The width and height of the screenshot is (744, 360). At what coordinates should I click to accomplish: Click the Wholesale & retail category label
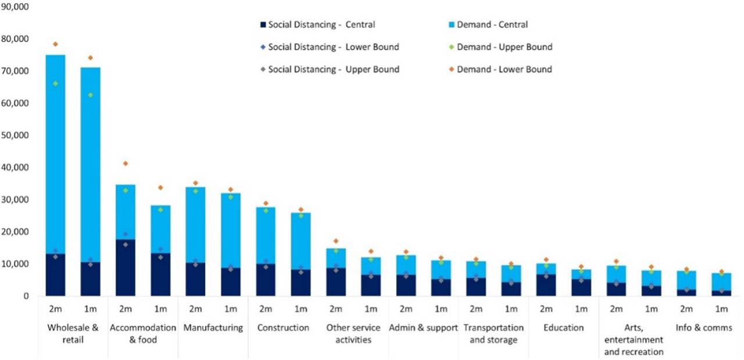72,333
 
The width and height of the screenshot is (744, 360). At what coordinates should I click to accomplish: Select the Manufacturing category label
213,328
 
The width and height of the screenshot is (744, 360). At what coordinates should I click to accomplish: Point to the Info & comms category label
704,328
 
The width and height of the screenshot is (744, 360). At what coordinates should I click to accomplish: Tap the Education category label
563,328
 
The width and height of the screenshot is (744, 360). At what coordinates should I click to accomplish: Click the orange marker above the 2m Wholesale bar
56,44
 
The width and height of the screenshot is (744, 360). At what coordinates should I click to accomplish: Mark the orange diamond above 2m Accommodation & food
126,163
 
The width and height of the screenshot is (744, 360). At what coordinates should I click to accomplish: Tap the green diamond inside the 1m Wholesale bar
91,95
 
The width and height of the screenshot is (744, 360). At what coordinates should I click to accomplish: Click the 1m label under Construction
301,308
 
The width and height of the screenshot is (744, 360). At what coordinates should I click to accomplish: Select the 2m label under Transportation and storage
476,308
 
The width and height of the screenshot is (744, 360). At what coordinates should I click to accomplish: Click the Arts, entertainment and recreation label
634,340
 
